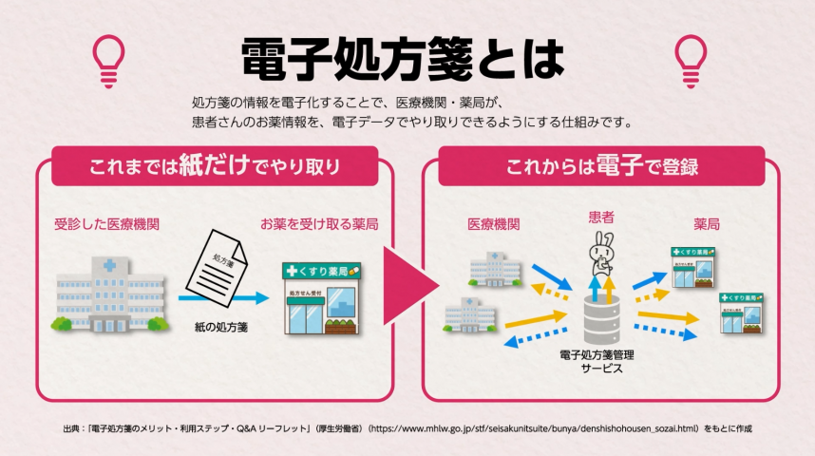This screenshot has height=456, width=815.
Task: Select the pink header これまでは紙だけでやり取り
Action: [215, 166]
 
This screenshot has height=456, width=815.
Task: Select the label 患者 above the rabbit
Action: [600, 218]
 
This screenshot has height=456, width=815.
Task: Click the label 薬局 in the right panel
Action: [706, 225]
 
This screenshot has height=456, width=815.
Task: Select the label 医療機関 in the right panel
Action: [493, 225]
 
